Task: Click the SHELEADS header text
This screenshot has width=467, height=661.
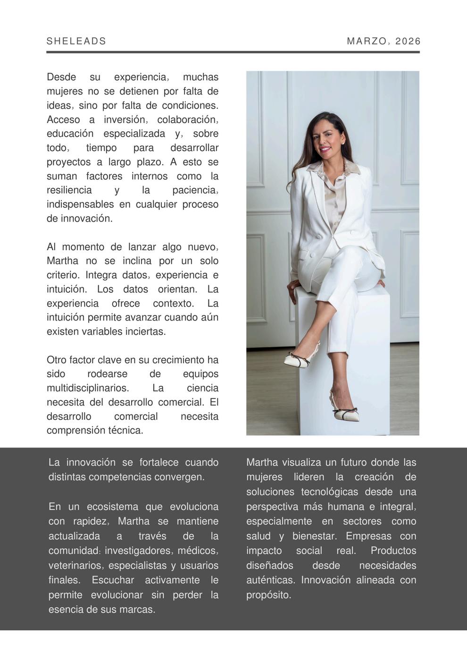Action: [x=76, y=41]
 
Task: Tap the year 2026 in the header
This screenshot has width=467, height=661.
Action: [x=408, y=41]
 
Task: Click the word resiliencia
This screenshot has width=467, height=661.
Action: [x=69, y=190]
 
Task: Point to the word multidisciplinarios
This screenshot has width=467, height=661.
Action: [x=88, y=388]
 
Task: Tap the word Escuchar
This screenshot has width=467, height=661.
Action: [x=113, y=580]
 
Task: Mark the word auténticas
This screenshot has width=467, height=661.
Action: [x=271, y=580]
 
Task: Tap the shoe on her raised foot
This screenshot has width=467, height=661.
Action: [x=298, y=360]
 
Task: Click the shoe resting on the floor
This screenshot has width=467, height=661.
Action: [x=346, y=414]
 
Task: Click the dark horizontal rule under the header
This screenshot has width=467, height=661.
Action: [x=233, y=52]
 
